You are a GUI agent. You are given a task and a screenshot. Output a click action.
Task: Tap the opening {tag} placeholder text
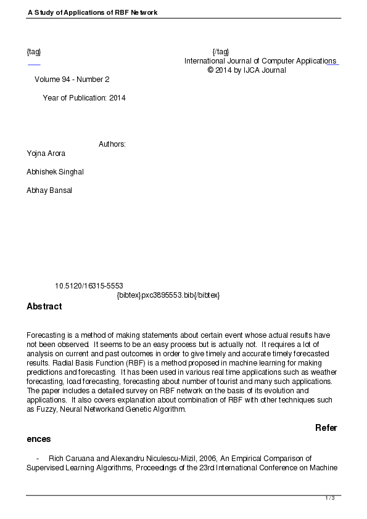34,51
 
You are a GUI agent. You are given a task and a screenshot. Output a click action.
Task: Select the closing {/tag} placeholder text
220,51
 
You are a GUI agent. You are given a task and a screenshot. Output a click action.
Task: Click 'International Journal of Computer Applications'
260,61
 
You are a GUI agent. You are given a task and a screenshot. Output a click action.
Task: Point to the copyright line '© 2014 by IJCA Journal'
247,70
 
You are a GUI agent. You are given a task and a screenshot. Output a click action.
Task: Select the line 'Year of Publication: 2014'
84,98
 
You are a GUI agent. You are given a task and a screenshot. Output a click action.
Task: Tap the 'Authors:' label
112,144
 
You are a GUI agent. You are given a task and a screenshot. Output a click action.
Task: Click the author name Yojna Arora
46,153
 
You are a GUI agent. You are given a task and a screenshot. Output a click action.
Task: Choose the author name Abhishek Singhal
55,172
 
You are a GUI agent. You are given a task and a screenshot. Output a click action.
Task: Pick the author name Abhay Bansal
49,190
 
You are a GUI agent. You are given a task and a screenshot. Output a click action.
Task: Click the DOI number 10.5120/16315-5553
89,286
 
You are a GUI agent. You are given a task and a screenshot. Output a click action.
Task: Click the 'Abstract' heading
44,306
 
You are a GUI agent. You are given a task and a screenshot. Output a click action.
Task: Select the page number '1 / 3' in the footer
330,498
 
